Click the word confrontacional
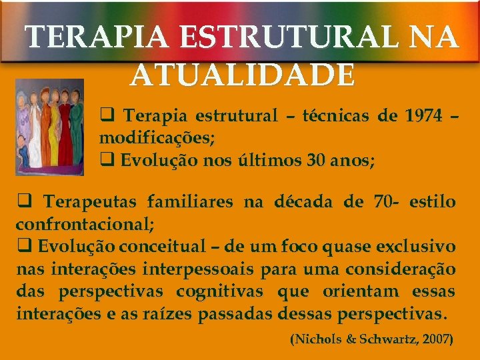point(84,225)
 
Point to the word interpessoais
point(184,269)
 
